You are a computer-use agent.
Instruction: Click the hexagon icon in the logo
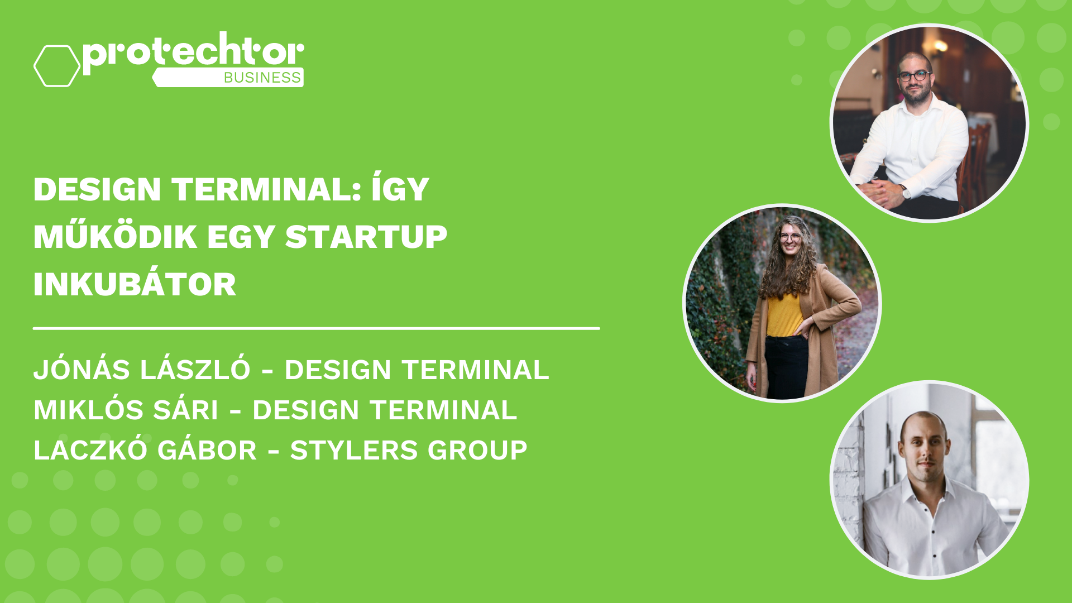(x=57, y=66)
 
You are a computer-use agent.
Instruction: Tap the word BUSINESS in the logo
(x=262, y=78)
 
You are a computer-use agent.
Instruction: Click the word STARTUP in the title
(x=366, y=237)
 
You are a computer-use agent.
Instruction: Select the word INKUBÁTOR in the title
(x=135, y=285)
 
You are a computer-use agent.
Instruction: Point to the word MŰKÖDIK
(x=115, y=237)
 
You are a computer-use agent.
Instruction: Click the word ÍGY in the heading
(x=400, y=189)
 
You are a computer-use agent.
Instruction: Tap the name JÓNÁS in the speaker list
(x=82, y=370)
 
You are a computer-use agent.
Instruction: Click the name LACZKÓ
(x=90, y=451)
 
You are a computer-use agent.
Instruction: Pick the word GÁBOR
(x=207, y=451)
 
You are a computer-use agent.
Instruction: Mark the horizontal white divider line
(x=316, y=329)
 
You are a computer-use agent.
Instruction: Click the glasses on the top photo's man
(x=915, y=76)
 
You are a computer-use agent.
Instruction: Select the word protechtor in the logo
(x=193, y=52)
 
